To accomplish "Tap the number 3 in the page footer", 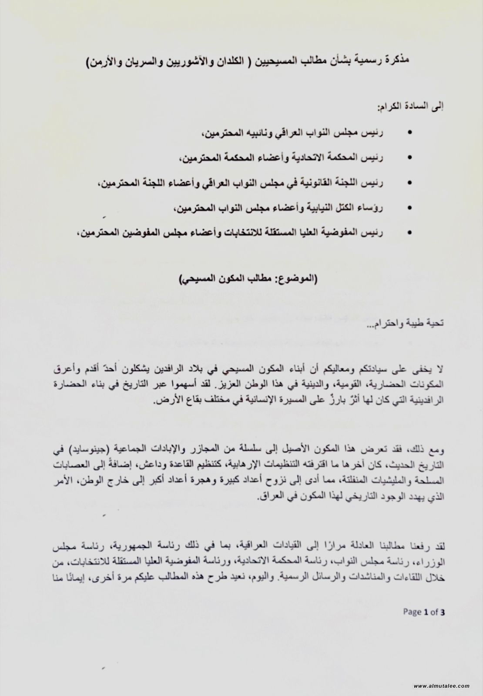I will (x=443, y=612).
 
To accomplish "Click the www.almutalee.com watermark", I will (x=441, y=686).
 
